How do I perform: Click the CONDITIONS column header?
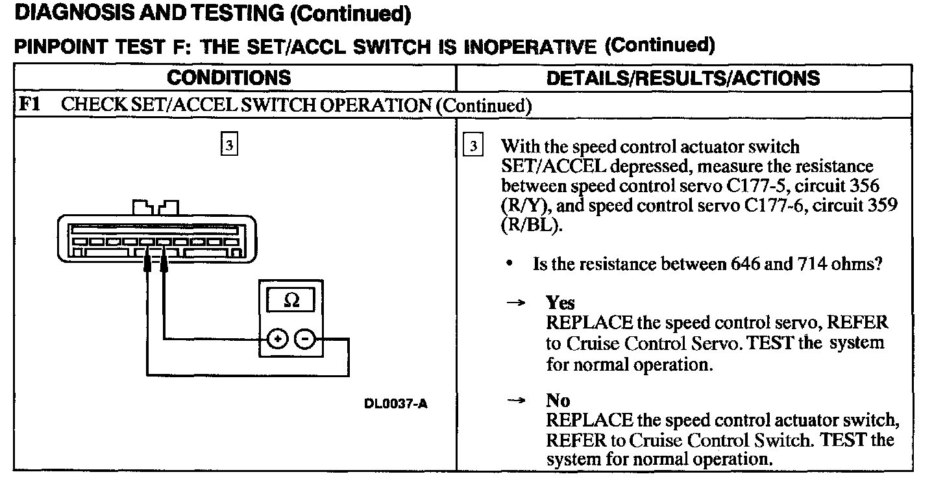[x=228, y=78]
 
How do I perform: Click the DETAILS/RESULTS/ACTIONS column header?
[x=683, y=78]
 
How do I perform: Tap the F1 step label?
[x=30, y=105]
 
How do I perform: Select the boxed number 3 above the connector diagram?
[x=228, y=145]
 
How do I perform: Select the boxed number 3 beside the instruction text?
[x=473, y=146]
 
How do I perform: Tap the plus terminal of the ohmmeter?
[x=277, y=339]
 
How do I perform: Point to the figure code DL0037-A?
[x=395, y=403]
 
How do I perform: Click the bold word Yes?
[x=560, y=303]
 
